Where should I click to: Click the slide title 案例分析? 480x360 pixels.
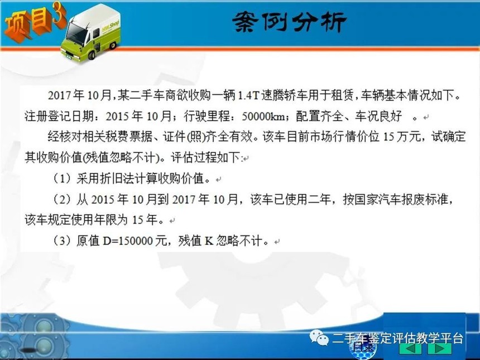click(290, 22)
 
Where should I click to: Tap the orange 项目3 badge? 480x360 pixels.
click(34, 22)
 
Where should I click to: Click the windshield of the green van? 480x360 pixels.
click(76, 33)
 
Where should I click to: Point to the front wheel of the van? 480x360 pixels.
click(91, 55)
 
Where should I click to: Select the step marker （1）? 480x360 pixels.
click(63, 179)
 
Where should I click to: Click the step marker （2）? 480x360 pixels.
click(63, 200)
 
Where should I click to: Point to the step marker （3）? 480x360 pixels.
click(63, 241)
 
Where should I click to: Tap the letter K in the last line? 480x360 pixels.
click(209, 241)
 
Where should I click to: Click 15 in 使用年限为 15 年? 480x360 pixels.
click(137, 220)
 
